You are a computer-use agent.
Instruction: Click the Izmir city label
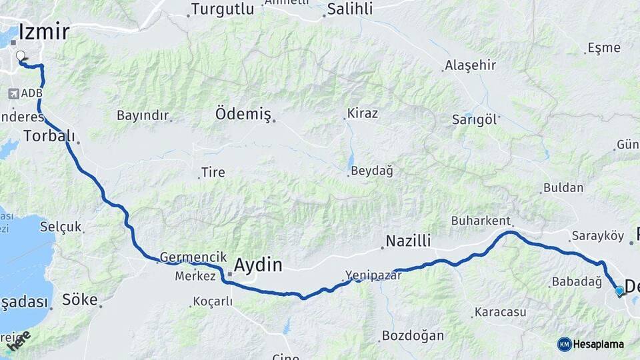coord(44,31)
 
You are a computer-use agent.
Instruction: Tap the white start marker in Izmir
coord(21,57)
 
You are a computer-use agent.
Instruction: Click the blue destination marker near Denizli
coord(619,291)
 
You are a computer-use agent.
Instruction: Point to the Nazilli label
coord(409,241)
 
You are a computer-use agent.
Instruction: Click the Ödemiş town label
coord(243,114)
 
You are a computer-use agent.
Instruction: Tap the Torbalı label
coord(48,135)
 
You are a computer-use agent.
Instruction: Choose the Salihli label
coord(350,9)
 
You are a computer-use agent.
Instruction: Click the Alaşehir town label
coord(471,65)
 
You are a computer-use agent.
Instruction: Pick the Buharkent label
coord(481,221)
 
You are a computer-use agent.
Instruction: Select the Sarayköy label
coord(597,236)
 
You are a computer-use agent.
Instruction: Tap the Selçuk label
coord(61,227)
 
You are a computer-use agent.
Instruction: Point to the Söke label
coord(79,299)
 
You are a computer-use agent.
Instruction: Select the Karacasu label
coord(500,311)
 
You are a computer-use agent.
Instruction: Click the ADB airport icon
coord(13,94)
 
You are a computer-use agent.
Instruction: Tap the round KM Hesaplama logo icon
coord(564,344)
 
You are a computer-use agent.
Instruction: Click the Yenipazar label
coord(373,275)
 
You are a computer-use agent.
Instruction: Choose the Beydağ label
coord(372,171)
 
